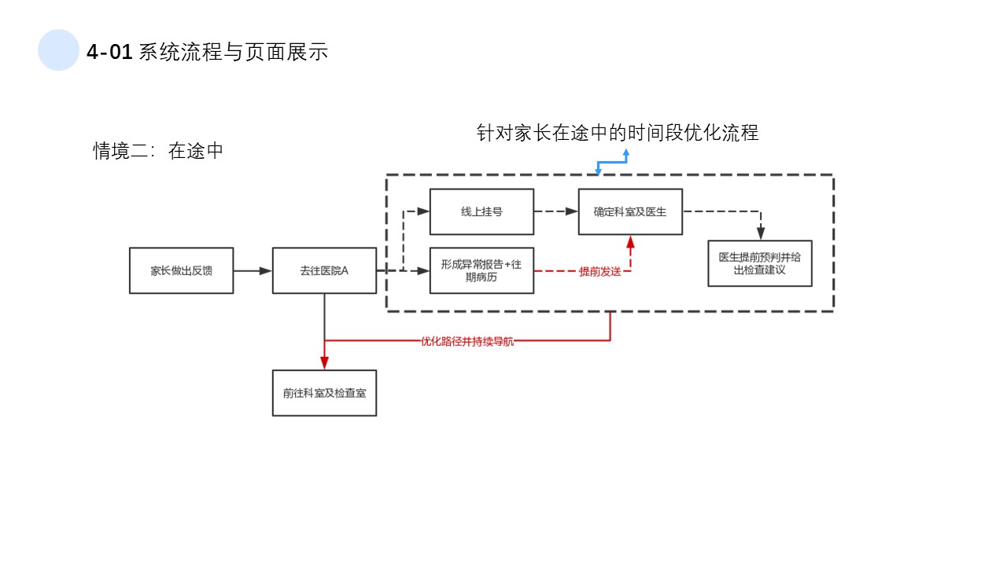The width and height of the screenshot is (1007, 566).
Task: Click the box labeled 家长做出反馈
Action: (x=181, y=270)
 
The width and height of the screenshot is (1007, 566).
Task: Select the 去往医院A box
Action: (x=324, y=270)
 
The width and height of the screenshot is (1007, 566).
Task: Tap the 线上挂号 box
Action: (x=481, y=211)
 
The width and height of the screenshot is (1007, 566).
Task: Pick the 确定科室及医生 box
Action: (x=630, y=211)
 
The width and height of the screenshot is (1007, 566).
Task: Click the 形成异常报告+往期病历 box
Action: (x=481, y=270)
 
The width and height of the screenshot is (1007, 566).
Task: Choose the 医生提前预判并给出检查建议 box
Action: (x=759, y=263)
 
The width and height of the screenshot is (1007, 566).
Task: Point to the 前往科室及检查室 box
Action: (x=324, y=392)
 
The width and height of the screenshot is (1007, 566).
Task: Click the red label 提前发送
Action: (x=599, y=271)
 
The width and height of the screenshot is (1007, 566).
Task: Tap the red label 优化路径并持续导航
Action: (x=467, y=341)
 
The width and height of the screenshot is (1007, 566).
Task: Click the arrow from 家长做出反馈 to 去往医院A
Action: (x=253, y=270)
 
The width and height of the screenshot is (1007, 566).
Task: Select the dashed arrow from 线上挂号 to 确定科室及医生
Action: (x=556, y=211)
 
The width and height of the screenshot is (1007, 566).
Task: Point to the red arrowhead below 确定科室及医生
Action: (x=630, y=242)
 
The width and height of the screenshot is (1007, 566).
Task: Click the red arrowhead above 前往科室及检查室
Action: (x=324, y=362)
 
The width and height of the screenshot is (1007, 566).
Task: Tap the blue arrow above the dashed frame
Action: (x=613, y=161)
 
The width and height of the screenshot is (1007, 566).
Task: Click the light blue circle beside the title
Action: (x=58, y=50)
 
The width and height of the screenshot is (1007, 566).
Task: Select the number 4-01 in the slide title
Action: (x=109, y=53)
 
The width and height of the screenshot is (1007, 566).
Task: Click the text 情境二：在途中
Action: (x=158, y=151)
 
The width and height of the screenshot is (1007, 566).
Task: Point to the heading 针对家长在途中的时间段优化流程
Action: (x=618, y=132)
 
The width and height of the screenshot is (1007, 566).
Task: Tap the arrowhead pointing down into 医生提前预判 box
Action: (x=760, y=233)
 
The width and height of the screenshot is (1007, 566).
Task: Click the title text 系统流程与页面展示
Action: (x=233, y=53)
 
